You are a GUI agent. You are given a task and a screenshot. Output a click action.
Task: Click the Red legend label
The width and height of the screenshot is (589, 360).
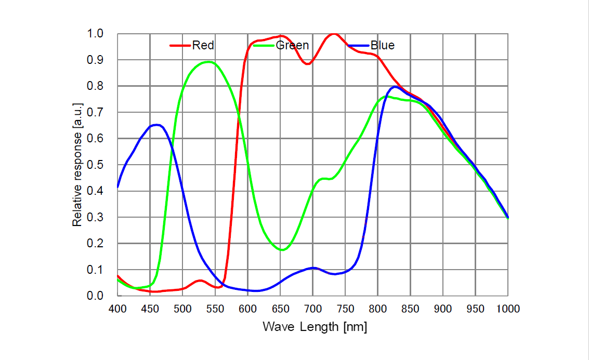point(203,46)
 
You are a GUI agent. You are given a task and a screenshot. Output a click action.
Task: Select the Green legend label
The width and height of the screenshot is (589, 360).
point(292,46)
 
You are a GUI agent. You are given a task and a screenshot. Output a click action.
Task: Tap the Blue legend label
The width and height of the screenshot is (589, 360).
point(383,46)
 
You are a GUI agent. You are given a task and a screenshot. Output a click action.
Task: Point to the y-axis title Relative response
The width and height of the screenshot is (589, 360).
point(77,165)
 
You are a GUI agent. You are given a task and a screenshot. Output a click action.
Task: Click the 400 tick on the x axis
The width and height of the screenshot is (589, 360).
point(117,309)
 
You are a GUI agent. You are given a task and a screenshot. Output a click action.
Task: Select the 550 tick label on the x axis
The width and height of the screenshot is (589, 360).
point(215,309)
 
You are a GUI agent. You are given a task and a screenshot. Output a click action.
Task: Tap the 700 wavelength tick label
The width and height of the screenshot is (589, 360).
point(313,309)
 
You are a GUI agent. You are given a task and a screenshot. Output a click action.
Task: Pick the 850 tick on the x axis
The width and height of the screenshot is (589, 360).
point(411,309)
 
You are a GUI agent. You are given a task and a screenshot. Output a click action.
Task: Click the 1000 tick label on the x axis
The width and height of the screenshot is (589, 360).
point(508,309)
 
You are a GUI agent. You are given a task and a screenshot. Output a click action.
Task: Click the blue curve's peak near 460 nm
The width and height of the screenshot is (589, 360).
point(156,125)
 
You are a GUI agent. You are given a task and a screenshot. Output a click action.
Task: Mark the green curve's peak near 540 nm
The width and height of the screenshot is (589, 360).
point(208,62)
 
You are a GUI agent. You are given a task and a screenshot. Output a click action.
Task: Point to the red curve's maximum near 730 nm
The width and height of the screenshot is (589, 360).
point(333,34)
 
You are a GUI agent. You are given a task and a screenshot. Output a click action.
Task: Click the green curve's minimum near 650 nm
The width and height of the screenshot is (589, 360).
point(282,250)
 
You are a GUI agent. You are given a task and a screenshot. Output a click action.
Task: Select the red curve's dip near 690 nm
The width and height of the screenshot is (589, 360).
point(307,64)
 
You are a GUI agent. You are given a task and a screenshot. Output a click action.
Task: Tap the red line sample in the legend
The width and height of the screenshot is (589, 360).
point(180,46)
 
